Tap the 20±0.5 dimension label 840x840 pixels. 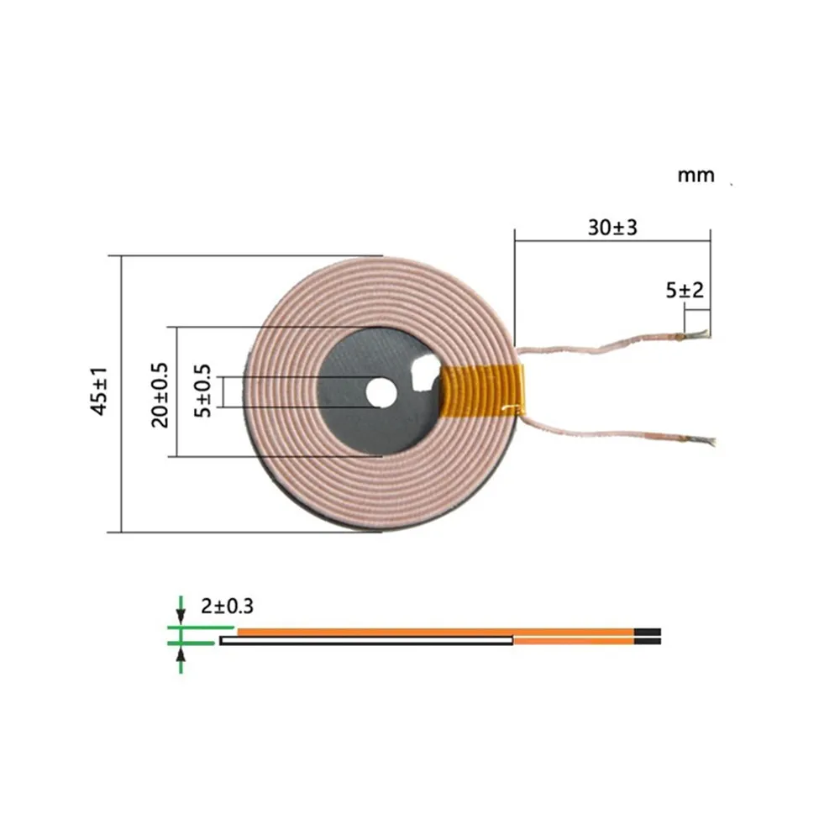160,394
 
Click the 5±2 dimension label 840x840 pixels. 684,291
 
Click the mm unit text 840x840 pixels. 696,176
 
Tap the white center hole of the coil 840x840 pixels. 381,392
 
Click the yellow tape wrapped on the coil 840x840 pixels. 482,392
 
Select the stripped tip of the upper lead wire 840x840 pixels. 700,336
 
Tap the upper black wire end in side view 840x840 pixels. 648,632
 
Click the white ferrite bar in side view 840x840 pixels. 366,641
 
